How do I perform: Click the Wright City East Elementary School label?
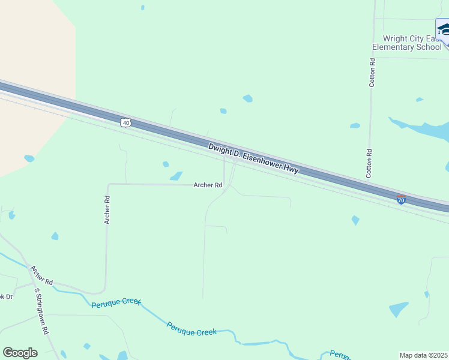407,42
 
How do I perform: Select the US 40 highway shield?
125,122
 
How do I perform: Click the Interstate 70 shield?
401,199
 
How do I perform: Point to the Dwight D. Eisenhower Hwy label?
253,158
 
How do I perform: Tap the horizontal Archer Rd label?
208,185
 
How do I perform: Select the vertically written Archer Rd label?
107,210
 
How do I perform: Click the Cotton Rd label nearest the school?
372,73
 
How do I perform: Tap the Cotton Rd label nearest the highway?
370,164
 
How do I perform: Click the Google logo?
20,353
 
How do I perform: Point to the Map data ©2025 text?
424,355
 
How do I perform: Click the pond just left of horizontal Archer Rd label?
176,176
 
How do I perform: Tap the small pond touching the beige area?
29,158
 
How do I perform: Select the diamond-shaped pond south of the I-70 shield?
355,220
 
